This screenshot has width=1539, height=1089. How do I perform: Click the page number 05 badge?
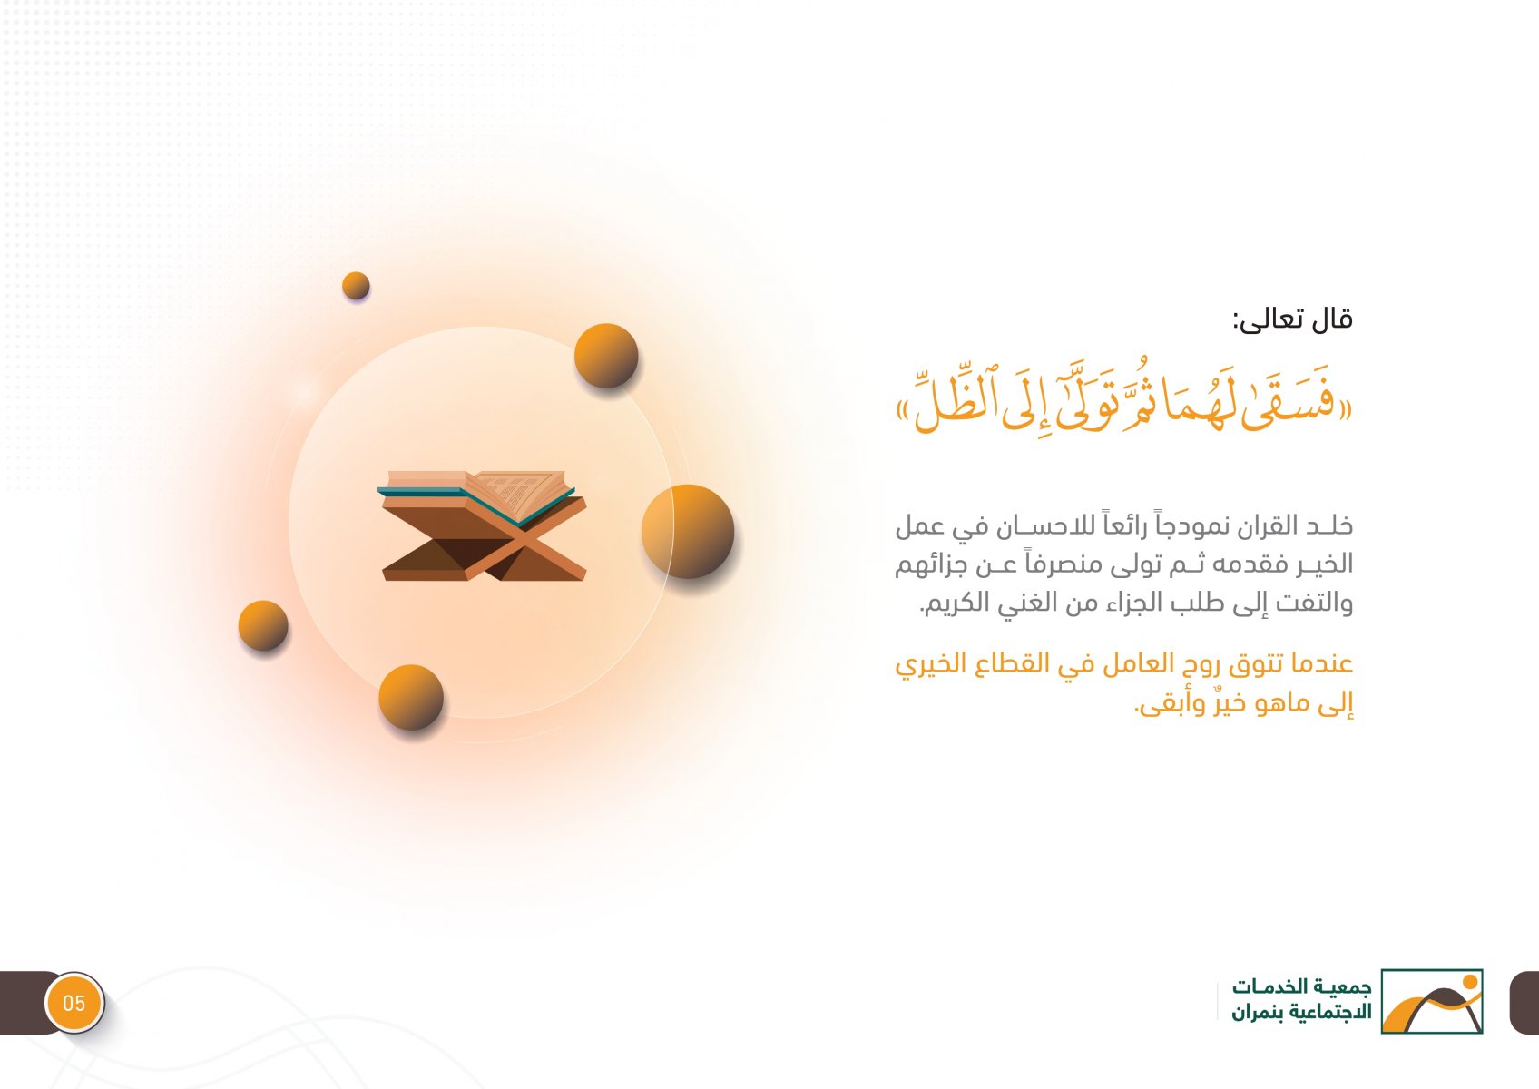74,1003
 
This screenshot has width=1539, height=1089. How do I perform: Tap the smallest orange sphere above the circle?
356,285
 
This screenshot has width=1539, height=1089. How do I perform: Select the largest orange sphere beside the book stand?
688,531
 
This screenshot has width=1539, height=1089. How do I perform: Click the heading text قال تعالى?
1292,319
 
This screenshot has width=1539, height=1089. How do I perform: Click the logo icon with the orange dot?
1432,1001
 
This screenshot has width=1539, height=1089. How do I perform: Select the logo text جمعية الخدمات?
1301,986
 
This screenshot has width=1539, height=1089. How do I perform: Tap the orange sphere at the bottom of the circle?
411,697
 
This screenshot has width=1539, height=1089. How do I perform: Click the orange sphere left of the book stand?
263,625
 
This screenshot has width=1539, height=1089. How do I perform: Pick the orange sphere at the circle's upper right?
606,355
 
